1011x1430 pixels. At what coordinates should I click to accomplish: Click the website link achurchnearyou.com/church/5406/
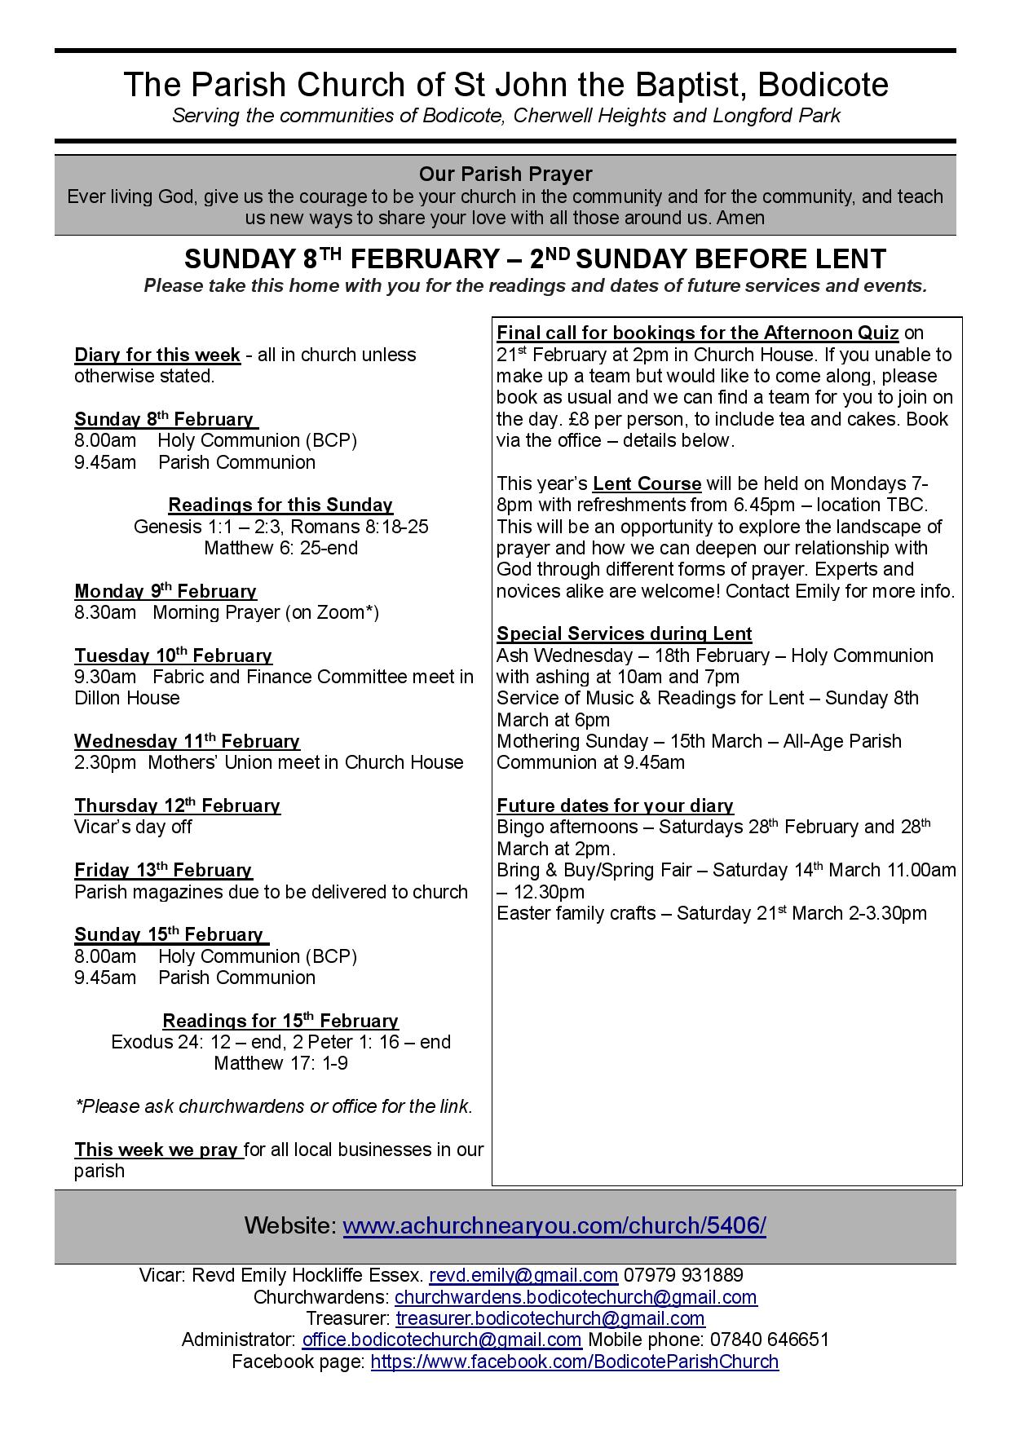(x=554, y=1226)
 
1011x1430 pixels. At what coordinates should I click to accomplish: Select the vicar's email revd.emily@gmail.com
(x=523, y=1275)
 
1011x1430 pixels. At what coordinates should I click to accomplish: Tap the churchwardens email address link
(x=576, y=1297)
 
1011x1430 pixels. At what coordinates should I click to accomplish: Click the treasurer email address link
(x=550, y=1318)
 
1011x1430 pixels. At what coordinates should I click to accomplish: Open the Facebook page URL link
(x=575, y=1362)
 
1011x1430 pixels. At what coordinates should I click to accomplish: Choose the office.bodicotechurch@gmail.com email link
(x=442, y=1340)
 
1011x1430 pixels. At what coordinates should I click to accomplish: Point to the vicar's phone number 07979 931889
(x=683, y=1275)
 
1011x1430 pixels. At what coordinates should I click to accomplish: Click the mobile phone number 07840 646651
(x=769, y=1340)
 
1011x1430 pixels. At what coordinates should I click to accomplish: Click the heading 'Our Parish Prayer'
(x=505, y=174)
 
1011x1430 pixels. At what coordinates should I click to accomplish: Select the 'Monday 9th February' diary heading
(x=166, y=591)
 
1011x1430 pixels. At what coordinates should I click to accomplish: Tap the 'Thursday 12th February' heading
(x=177, y=805)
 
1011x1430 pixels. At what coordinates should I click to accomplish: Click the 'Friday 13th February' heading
(x=163, y=870)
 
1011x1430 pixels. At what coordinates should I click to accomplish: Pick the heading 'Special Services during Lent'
(x=625, y=634)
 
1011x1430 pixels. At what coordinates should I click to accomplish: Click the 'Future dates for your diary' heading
(x=616, y=806)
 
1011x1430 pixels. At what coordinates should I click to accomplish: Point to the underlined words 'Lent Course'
(x=647, y=483)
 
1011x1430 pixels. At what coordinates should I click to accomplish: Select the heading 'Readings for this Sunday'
(x=280, y=505)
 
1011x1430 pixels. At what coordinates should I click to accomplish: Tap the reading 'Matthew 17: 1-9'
(x=280, y=1063)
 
